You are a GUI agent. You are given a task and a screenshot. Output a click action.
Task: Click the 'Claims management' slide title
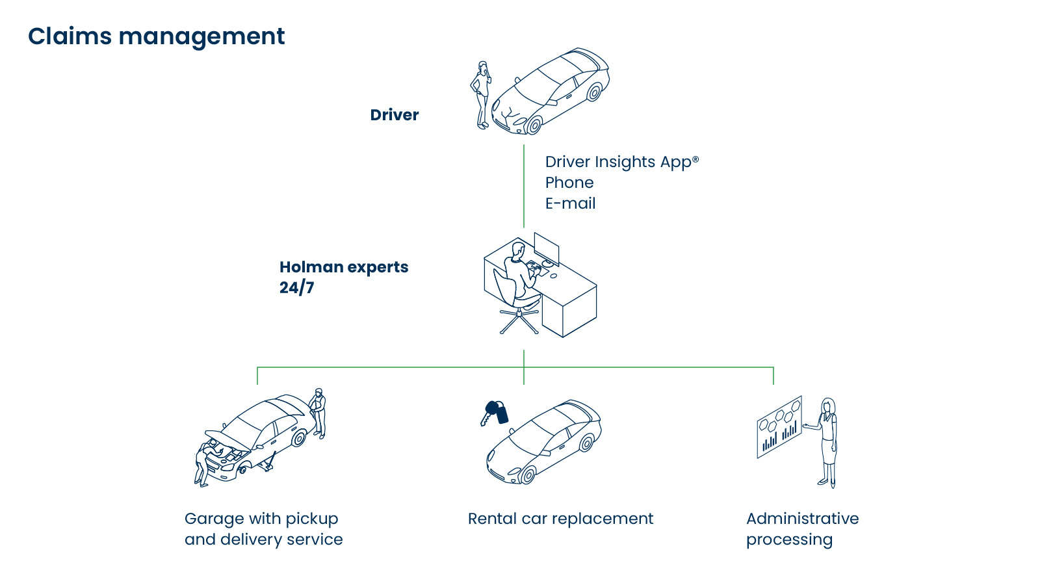click(x=156, y=36)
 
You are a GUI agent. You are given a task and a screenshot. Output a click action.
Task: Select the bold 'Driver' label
click(x=394, y=115)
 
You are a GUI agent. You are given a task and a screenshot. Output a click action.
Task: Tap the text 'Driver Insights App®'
click(x=621, y=162)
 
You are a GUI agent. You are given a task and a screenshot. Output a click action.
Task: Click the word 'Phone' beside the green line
click(x=569, y=183)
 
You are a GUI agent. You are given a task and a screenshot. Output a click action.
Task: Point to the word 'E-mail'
click(x=570, y=203)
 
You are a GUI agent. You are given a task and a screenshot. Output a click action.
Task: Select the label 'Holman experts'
click(x=344, y=267)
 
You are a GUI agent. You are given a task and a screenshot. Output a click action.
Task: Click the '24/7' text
click(x=296, y=287)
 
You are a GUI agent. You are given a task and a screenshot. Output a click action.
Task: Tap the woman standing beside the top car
click(x=482, y=94)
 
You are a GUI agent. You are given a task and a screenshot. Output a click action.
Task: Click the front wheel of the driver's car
click(x=534, y=125)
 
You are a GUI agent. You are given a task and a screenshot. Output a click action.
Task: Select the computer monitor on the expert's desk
click(x=546, y=248)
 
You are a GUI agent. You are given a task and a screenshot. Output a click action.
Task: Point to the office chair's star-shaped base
click(x=519, y=320)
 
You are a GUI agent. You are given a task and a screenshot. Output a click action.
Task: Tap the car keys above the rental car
click(x=496, y=412)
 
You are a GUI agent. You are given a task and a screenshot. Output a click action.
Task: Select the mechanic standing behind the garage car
click(x=318, y=412)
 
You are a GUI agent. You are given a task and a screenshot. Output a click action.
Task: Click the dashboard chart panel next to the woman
click(x=779, y=427)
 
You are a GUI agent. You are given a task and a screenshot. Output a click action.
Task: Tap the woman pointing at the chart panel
click(x=827, y=442)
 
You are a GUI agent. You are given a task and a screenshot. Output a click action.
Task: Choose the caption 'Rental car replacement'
click(x=560, y=519)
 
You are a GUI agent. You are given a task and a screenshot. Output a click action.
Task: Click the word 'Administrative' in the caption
click(x=802, y=519)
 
